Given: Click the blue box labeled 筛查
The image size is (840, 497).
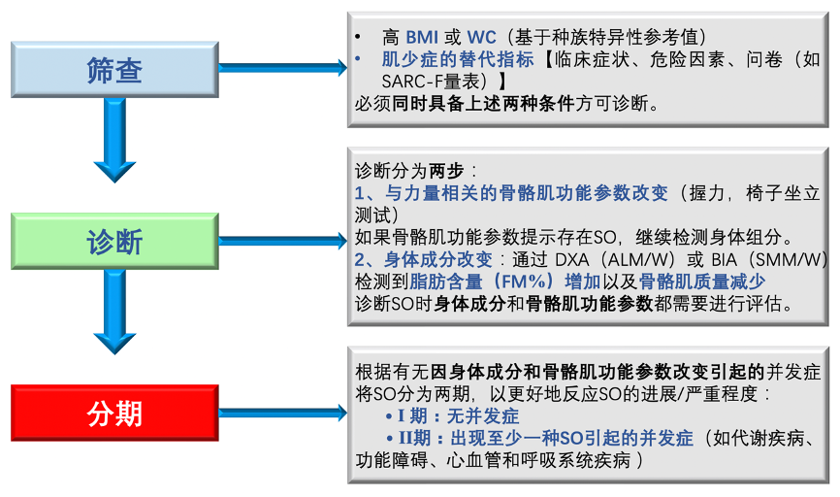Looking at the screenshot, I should click(x=114, y=70).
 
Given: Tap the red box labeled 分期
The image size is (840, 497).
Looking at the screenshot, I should click(x=114, y=413).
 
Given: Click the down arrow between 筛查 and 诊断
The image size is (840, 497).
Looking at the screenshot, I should click(x=114, y=141).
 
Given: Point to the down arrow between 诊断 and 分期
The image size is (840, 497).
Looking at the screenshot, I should click(x=114, y=313).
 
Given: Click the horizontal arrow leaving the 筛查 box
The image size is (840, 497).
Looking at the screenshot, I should click(x=281, y=67).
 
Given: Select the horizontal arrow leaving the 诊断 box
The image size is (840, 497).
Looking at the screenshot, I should click(x=281, y=240).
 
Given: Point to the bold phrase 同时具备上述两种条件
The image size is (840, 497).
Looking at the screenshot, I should click(x=484, y=104).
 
